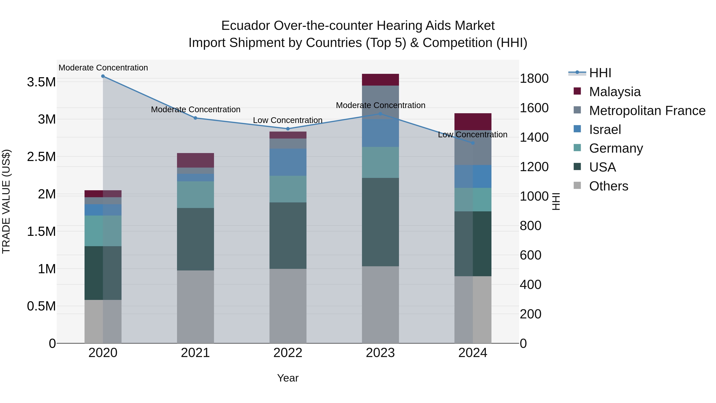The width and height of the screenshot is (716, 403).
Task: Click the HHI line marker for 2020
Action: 103,76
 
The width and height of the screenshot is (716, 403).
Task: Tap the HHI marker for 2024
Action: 473,143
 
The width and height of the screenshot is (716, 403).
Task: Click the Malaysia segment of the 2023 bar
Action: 380,80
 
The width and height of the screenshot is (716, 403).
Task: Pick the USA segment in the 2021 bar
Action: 195,239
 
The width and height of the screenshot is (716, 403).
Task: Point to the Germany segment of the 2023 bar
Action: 380,162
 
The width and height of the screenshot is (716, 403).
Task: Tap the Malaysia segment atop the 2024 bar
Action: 473,122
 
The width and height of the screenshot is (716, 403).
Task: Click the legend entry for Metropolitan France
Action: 647,111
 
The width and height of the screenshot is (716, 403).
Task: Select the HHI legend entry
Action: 600,73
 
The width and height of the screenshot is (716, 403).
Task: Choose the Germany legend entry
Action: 616,148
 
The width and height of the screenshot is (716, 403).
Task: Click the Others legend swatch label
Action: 608,186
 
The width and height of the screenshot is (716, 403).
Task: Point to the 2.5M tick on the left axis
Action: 41,157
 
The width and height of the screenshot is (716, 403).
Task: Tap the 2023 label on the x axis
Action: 380,353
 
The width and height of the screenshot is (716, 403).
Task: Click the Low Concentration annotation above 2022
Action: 288,120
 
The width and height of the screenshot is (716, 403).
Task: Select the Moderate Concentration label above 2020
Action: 103,68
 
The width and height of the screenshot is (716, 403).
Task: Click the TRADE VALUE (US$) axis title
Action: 6,201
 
